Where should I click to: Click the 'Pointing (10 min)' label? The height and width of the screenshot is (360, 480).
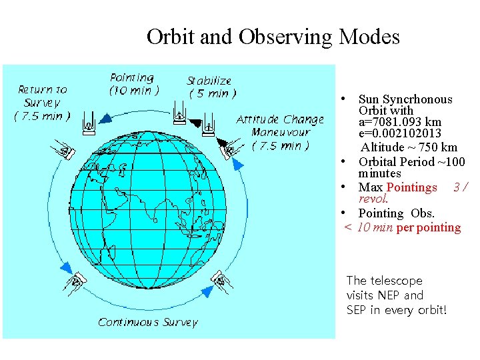click(x=133, y=85)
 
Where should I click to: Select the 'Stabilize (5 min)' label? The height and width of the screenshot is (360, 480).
click(x=211, y=87)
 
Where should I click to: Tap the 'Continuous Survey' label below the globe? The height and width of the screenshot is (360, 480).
click(x=148, y=322)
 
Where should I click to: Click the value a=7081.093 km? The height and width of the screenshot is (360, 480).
click(x=399, y=123)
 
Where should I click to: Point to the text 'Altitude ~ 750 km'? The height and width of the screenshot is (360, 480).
click(x=409, y=147)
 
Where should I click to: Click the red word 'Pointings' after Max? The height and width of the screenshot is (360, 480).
click(x=411, y=187)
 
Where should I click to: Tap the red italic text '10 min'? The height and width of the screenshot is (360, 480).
click(x=375, y=227)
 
